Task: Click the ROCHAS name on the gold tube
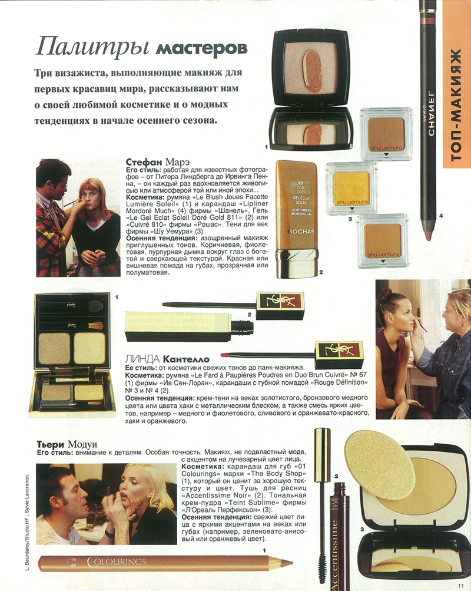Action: pos(300,232)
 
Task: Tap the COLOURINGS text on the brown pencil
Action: pos(116,562)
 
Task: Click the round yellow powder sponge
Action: pos(379,464)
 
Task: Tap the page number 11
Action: pos(462,585)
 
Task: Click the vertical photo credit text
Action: pos(26,526)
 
